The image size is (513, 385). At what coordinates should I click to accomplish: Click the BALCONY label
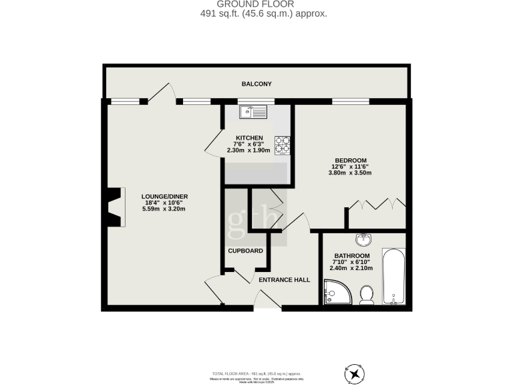(x=256, y=84)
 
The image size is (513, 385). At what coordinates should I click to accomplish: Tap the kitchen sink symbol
(x=254, y=111)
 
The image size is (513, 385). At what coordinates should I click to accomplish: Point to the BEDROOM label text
(x=350, y=160)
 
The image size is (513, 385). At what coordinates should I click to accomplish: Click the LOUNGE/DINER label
(x=163, y=197)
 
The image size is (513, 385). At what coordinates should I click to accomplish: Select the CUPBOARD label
(x=245, y=251)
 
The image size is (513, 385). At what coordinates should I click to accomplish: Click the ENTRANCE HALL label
(x=285, y=279)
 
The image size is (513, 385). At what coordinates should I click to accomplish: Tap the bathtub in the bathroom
(x=393, y=277)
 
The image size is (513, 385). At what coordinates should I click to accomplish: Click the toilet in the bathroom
(x=365, y=295)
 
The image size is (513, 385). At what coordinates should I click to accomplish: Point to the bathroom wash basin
(x=363, y=240)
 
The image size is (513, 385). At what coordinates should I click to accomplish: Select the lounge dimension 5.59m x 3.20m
(x=163, y=209)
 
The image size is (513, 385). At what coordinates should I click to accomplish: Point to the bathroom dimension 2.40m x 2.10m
(x=351, y=269)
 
